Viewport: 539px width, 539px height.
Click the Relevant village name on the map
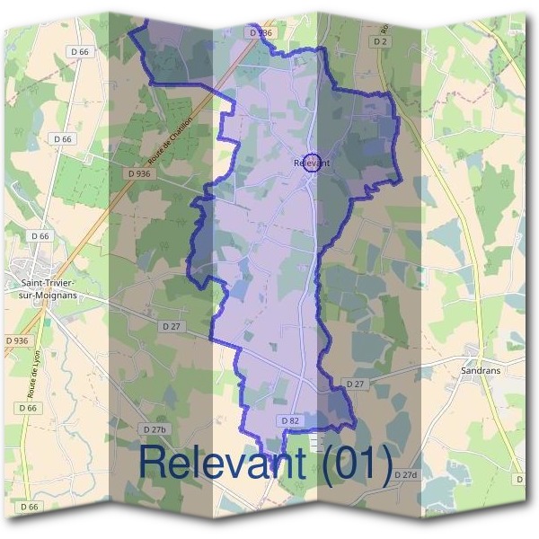click(x=312, y=163)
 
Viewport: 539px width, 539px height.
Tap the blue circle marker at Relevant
click(x=312, y=162)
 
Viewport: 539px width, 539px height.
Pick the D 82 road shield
click(x=289, y=420)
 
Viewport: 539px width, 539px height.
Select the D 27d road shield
click(x=406, y=474)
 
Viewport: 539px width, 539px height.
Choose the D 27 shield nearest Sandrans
click(x=356, y=384)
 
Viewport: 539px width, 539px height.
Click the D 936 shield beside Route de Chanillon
click(x=138, y=173)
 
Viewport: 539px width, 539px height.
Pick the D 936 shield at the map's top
click(x=258, y=32)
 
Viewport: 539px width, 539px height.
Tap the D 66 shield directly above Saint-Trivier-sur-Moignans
click(x=39, y=236)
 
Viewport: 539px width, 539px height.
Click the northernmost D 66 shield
click(x=80, y=52)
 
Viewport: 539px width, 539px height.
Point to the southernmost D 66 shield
click(x=30, y=507)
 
